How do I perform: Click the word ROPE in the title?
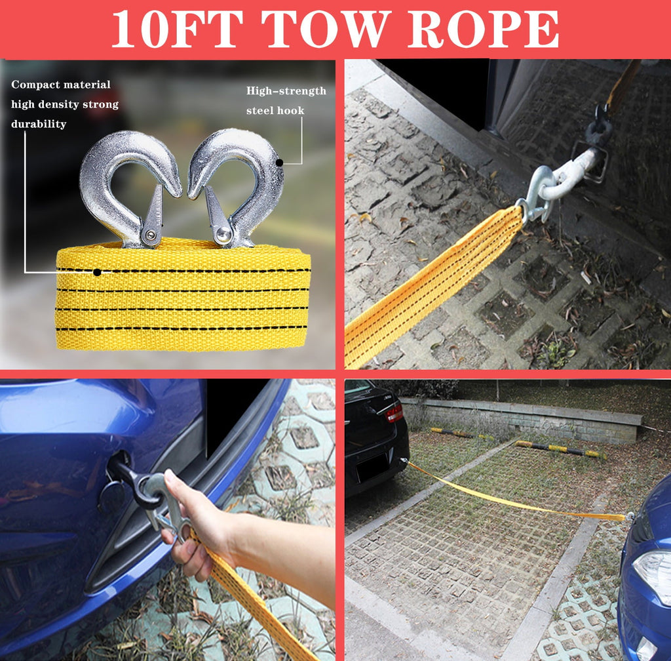point(483,29)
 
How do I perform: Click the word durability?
point(39,124)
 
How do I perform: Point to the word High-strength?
point(286,90)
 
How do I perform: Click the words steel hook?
point(275,110)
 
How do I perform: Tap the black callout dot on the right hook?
point(279,163)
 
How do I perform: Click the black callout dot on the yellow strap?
point(97,272)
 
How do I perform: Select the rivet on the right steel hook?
point(222,234)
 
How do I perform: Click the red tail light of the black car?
point(394,413)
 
